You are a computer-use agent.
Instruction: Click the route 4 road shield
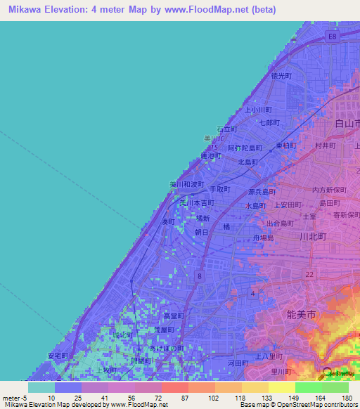coord(252,292)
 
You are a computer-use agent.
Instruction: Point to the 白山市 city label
coord(346,124)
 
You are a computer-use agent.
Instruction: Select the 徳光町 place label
coord(281,75)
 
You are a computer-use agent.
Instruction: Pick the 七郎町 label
coord(270,122)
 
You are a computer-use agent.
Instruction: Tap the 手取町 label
coord(220,189)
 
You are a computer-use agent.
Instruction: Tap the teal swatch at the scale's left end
coord(41,387)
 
